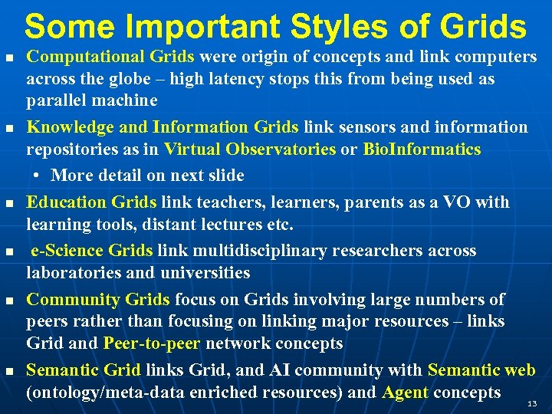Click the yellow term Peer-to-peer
coord(153,343)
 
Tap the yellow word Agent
coord(405,393)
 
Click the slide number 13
coord(531,402)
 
